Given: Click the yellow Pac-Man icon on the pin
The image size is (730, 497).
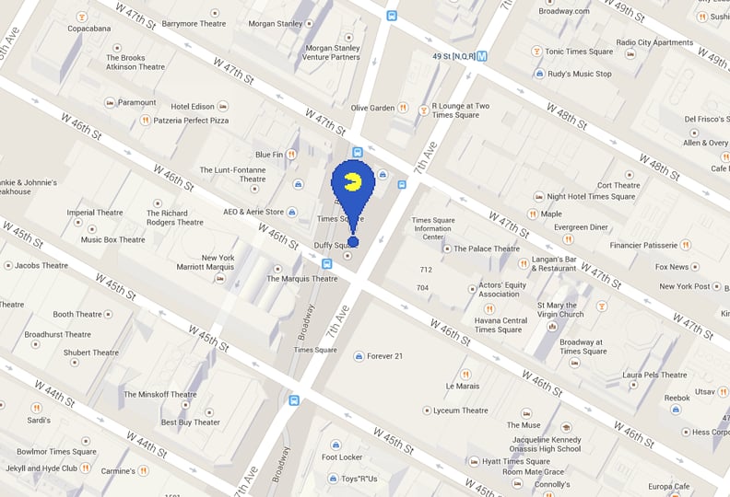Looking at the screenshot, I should [350, 179].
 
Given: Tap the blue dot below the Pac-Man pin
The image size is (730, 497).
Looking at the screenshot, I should [353, 242].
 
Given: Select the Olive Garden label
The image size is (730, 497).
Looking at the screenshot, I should [372, 108].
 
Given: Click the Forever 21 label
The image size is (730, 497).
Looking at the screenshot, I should [385, 356].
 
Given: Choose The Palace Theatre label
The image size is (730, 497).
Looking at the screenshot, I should [486, 248].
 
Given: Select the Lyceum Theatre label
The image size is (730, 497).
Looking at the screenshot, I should [460, 410].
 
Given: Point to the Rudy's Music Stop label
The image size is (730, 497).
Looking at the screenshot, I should [579, 74].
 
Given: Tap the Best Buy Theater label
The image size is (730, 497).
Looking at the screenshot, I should [191, 422].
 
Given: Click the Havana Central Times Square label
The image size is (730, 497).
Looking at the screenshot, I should [500, 325].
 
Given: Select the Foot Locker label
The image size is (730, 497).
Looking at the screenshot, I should [342, 457].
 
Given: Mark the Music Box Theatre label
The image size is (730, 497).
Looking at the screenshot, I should [112, 240].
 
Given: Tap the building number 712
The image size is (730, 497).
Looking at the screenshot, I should [426, 270].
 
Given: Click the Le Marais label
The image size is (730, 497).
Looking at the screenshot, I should [462, 386].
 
